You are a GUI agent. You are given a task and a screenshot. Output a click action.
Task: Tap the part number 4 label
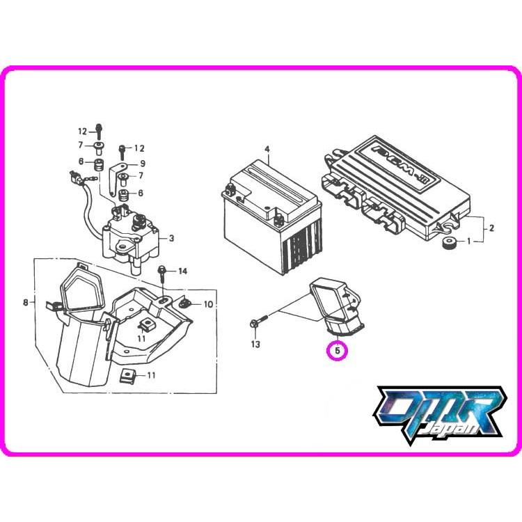point(266,150)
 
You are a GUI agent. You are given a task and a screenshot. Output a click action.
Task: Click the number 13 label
point(255,345)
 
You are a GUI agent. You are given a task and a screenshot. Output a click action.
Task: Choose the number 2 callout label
point(491,228)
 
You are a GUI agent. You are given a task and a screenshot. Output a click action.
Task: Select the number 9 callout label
point(142,164)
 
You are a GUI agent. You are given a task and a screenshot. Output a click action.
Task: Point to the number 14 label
point(183,270)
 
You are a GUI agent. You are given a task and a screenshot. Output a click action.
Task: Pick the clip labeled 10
point(184,303)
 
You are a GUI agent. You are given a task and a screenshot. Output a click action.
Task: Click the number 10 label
point(207,305)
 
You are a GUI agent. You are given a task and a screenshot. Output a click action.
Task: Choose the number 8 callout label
point(26,302)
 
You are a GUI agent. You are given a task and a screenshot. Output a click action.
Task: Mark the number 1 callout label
point(468,242)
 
